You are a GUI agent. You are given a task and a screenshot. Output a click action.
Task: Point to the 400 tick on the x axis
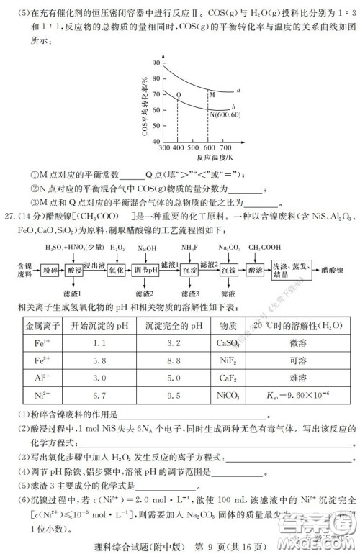179,147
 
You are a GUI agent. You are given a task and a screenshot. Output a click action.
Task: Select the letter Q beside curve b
179,94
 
